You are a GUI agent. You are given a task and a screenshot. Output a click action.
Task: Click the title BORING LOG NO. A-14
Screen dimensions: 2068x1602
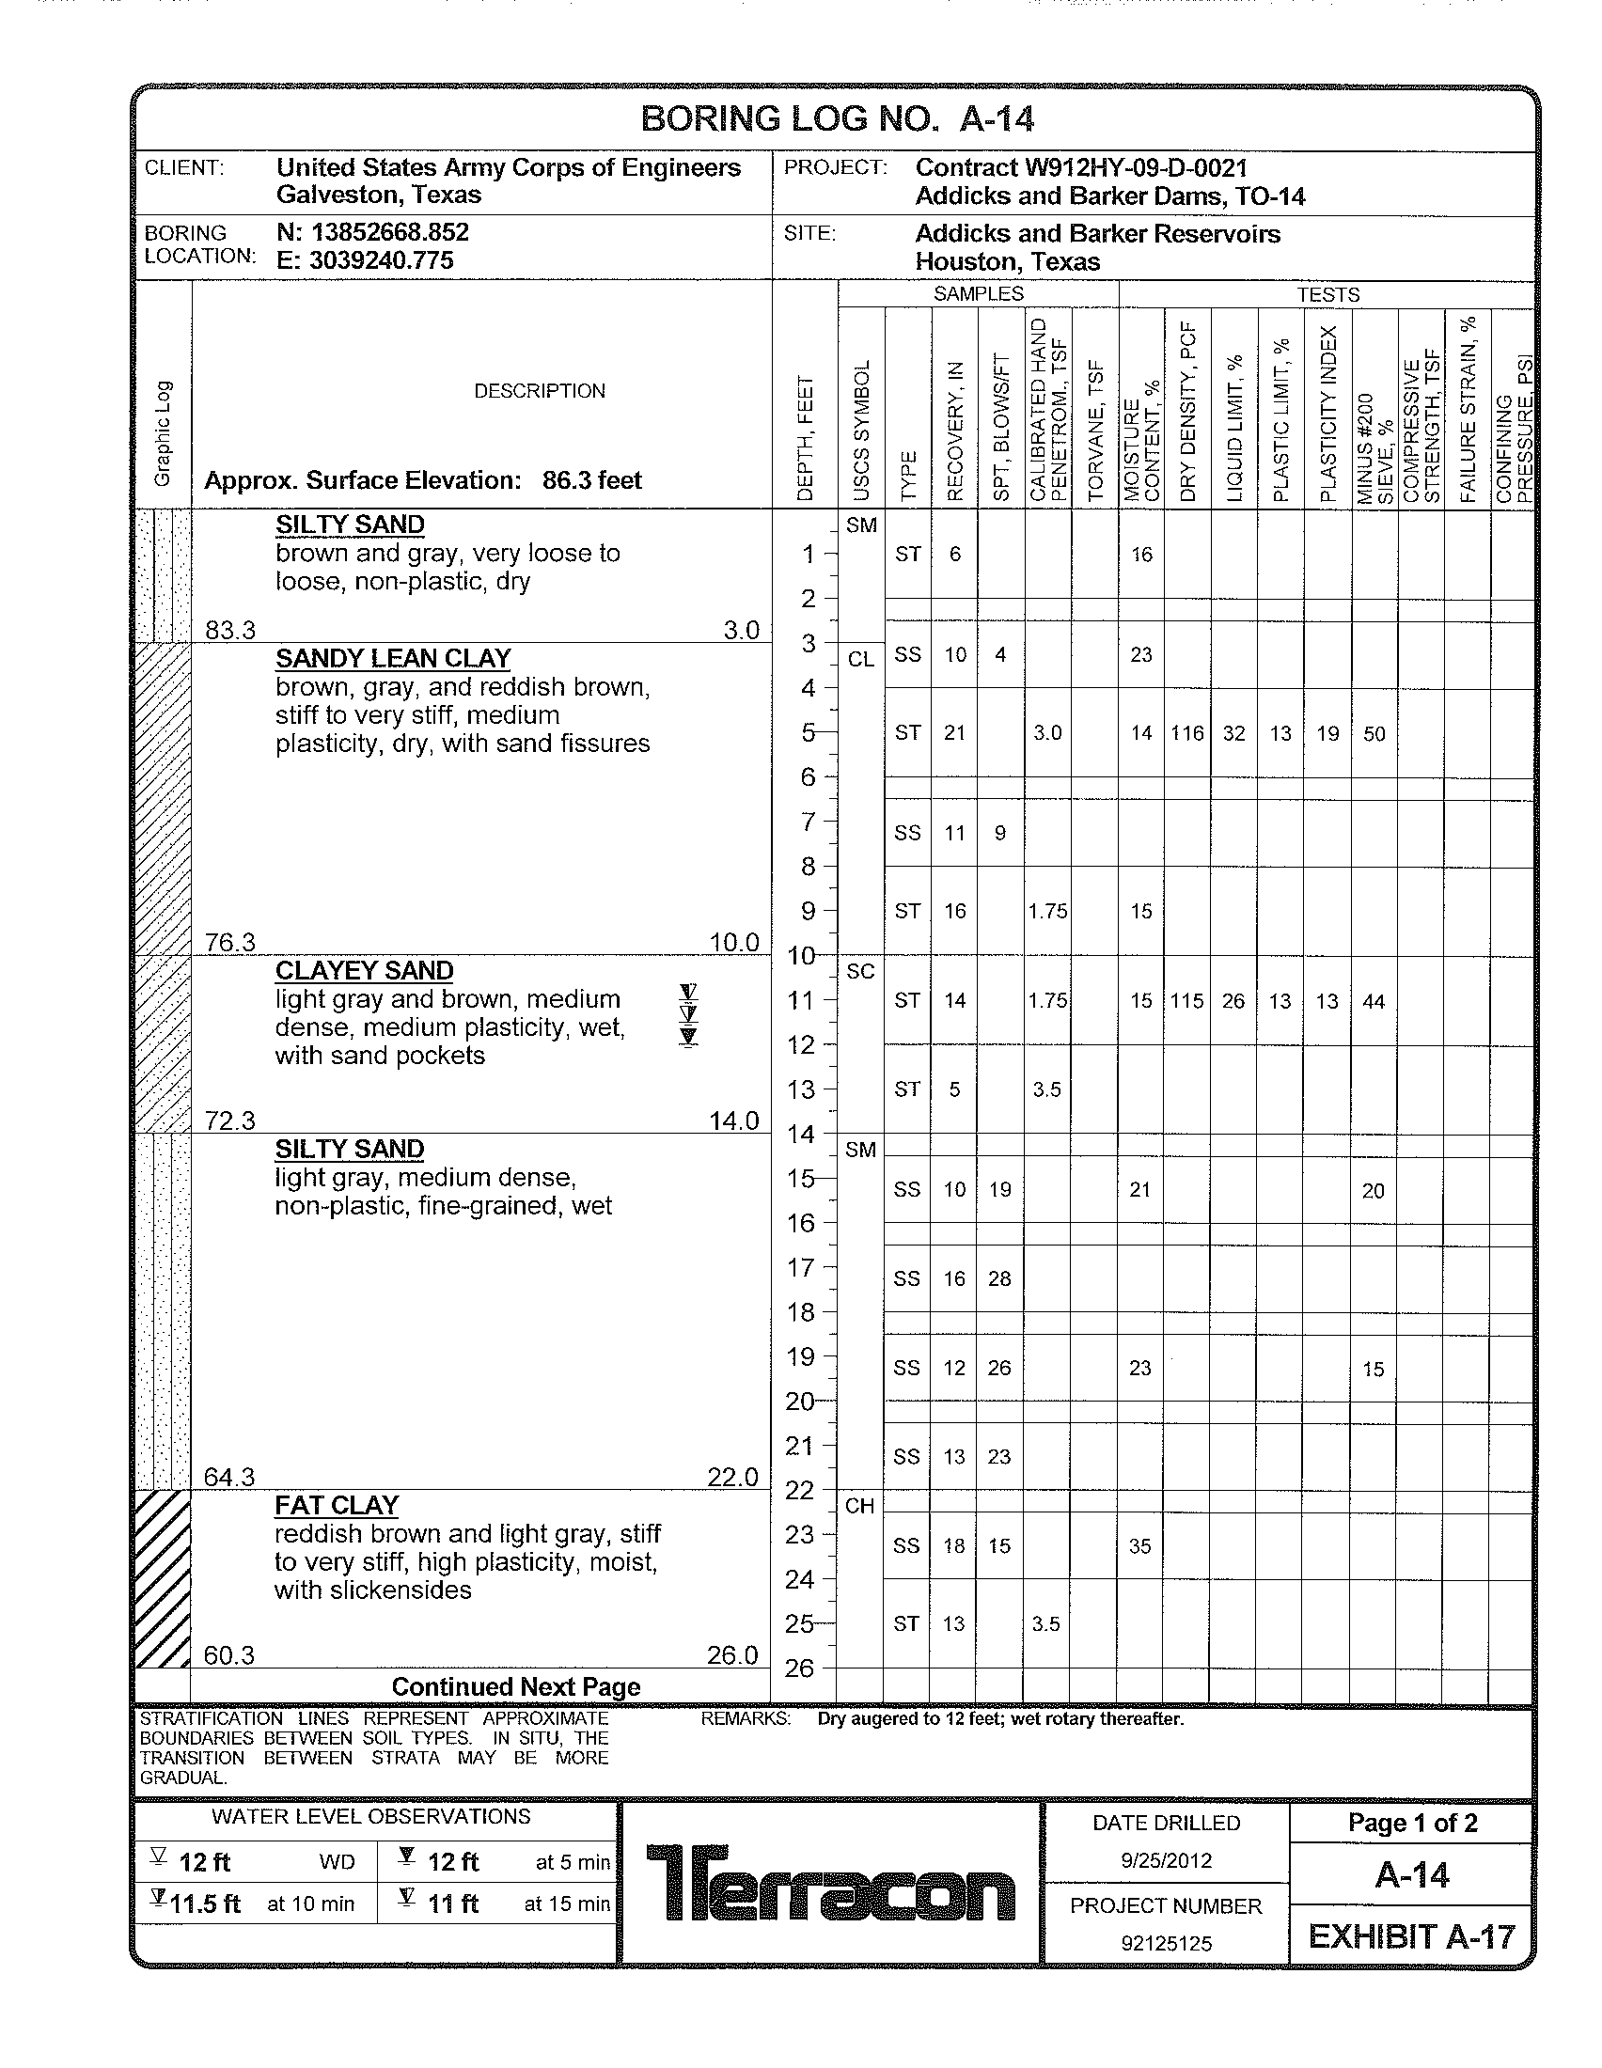(837, 119)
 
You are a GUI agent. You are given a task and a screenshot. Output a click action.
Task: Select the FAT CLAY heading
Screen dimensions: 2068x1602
(337, 1506)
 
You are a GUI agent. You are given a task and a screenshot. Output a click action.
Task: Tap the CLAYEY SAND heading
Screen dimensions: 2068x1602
(365, 971)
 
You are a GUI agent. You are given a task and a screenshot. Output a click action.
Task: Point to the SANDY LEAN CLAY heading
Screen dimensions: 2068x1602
(393, 658)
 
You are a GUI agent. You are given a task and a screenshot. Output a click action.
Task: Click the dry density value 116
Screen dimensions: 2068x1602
(1186, 733)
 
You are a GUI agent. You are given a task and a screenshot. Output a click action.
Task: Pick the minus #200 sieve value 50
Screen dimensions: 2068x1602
(1374, 733)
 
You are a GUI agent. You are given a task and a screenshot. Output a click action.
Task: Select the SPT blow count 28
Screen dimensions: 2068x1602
(999, 1278)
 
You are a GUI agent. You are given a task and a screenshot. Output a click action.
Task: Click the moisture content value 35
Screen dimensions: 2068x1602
(1140, 1545)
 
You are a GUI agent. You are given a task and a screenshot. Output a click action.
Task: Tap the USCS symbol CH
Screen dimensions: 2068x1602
(859, 1506)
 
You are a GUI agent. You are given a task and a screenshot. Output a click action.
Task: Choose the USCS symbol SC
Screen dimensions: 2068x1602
(859, 972)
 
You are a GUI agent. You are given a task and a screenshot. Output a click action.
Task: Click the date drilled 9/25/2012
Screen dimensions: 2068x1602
(1166, 1860)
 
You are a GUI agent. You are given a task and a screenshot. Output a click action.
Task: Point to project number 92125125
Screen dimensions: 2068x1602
(1166, 1944)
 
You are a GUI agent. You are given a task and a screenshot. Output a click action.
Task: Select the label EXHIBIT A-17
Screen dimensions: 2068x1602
(1412, 1936)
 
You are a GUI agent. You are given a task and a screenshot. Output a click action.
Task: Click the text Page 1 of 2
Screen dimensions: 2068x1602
(1412, 1823)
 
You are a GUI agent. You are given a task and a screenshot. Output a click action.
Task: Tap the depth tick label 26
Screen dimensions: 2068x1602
(799, 1668)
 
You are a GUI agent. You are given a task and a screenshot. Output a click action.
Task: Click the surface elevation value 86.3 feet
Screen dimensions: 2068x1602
(591, 480)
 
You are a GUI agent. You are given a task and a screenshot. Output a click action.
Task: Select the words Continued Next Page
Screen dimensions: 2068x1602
(516, 1687)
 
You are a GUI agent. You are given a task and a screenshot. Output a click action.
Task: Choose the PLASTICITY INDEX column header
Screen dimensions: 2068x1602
(1327, 414)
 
